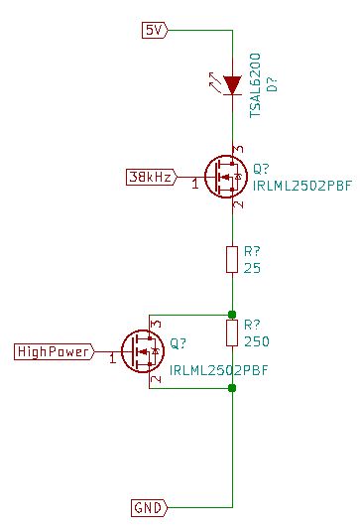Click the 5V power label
pos(155,30)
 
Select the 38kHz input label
pos(150,178)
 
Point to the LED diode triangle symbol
pos(232,86)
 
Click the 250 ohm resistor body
pos(232,332)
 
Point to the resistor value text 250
pos(256,341)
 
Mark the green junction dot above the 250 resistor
pos(232,314)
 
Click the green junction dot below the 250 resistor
pos(232,387)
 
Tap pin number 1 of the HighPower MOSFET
pos(112,358)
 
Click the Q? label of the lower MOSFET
pos(180,344)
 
